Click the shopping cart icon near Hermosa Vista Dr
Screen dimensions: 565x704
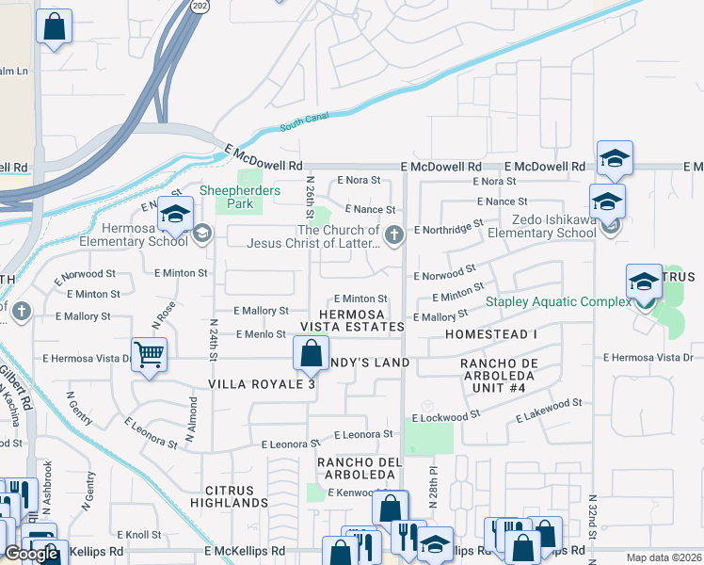click(x=149, y=355)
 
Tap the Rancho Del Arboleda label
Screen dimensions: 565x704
click(x=360, y=468)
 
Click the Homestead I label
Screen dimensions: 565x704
click(x=491, y=334)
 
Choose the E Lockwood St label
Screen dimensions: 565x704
click(x=445, y=414)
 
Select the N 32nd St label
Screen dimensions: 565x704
click(x=592, y=515)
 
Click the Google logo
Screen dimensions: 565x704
click(x=31, y=554)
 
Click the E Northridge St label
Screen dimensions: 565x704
click(x=447, y=227)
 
